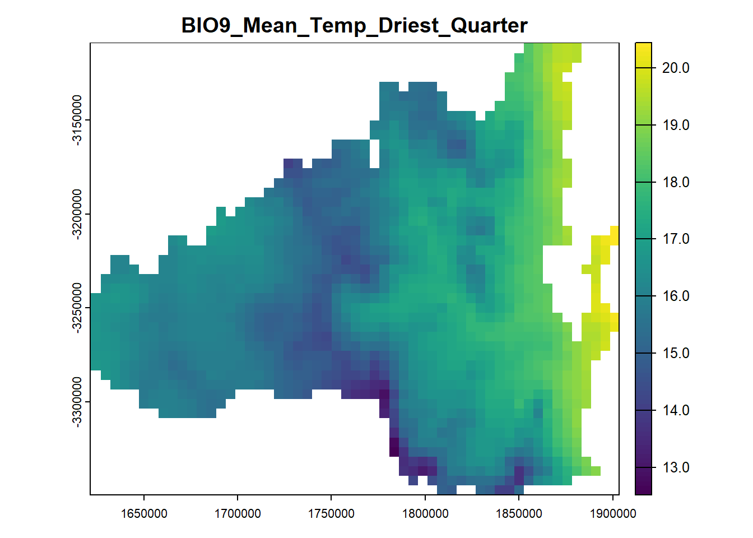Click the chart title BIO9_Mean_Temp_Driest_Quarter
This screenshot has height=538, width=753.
[x=355, y=26]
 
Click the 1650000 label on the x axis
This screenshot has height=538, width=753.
[x=144, y=514]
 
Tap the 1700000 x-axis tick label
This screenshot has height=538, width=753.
[x=238, y=514]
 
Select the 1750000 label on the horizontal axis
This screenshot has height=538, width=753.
[x=331, y=514]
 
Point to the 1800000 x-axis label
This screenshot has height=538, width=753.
[x=425, y=514]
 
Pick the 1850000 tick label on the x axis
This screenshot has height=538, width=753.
[x=519, y=514]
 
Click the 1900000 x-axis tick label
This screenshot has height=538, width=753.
[x=613, y=514]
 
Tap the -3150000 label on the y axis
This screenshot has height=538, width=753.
[x=77, y=120]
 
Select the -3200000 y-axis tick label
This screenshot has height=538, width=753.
[x=77, y=214]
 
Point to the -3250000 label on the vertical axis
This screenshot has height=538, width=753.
[x=77, y=308]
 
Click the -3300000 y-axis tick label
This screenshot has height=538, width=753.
[x=77, y=402]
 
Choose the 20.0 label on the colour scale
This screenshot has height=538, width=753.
[x=676, y=68]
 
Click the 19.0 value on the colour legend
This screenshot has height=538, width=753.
[x=676, y=125]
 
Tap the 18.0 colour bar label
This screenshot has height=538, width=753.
[x=676, y=182]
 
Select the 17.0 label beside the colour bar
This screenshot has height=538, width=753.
[x=676, y=239]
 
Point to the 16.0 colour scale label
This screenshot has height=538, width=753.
[x=676, y=296]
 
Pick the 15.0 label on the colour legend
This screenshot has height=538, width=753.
[x=676, y=354]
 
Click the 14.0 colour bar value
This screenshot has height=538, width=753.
[x=676, y=410]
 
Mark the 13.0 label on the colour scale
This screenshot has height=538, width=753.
[x=676, y=467]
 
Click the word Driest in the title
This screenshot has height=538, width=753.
[x=409, y=25]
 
